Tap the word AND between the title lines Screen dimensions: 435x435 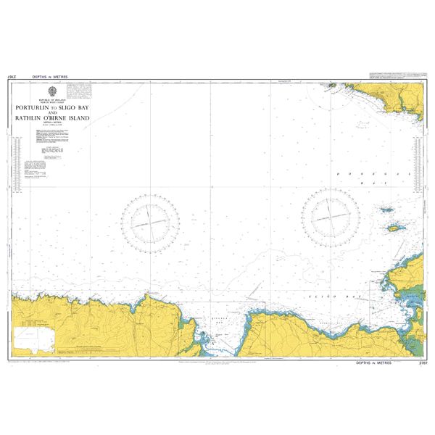52,112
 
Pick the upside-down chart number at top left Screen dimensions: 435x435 12,76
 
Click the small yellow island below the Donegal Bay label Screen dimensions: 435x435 394,228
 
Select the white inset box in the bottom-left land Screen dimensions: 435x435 35,337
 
